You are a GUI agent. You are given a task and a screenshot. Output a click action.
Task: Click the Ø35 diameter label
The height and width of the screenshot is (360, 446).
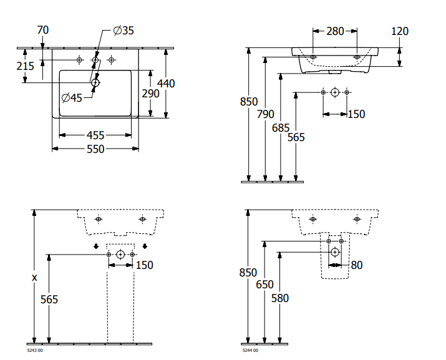point(123,31)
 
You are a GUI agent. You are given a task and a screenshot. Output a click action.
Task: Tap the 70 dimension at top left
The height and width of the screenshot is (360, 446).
point(42,30)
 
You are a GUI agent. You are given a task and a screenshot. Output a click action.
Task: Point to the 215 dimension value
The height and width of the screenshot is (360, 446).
point(26,66)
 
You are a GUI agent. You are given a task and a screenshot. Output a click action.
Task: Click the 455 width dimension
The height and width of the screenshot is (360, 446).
point(95,135)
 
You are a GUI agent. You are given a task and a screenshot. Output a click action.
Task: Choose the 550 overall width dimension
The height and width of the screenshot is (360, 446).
point(95,149)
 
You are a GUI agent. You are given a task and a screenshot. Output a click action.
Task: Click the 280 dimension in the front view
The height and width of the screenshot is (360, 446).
point(334,31)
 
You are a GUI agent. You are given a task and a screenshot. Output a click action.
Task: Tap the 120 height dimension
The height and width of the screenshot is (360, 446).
point(399,31)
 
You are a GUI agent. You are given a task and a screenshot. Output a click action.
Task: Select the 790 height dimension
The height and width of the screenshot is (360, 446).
point(265,114)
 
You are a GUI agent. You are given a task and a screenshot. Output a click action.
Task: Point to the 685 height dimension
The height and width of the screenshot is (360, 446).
point(281,127)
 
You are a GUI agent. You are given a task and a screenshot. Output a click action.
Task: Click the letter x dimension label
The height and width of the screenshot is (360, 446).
point(34,277)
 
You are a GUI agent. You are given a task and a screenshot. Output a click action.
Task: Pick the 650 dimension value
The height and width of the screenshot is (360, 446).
point(264,283)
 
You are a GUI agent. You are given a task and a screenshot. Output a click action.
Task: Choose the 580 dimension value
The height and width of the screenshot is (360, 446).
point(280,298)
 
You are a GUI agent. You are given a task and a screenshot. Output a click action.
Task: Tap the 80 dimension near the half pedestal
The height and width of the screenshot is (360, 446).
point(356,265)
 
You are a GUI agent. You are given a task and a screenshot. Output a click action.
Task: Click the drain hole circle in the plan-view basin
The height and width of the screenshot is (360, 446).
point(95,82)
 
